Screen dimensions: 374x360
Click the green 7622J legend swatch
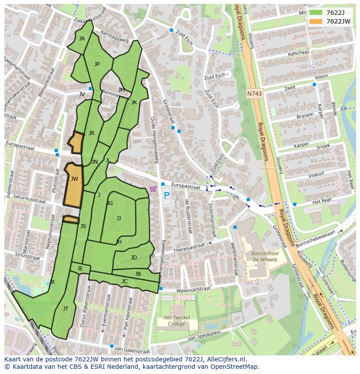[x=316, y=13]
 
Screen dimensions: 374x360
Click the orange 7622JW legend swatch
[x=316, y=21]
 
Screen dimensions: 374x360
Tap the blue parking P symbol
[x=167, y=195]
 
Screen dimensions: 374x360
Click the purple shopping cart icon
[x=153, y=189]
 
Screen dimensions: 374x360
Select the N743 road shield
[x=254, y=93]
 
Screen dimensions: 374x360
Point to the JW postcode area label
[x=74, y=179]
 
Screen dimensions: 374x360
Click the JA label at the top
[x=82, y=39]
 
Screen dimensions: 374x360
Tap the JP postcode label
[x=97, y=64]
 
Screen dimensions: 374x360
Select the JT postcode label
[x=66, y=309]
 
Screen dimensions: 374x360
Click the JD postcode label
[x=134, y=258]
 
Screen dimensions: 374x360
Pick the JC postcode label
[x=124, y=281]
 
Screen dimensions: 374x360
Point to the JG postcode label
[x=110, y=203]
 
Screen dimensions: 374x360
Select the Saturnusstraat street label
[x=30, y=199]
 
